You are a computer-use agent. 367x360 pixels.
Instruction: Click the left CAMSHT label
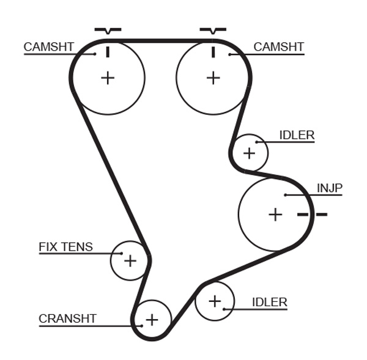(x=49, y=47)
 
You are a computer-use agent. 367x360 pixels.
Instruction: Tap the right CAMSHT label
(x=278, y=47)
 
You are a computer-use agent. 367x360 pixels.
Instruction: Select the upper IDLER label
(x=296, y=135)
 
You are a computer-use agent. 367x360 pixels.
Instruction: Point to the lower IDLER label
(x=269, y=302)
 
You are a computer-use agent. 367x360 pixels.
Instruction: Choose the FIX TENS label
(x=65, y=247)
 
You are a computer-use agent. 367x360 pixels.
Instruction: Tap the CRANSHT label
(x=67, y=318)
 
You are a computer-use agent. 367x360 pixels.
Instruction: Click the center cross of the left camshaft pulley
(x=108, y=78)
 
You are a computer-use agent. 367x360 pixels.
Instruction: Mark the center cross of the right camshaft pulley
(x=213, y=78)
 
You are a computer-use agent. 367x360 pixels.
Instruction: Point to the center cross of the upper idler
(x=249, y=152)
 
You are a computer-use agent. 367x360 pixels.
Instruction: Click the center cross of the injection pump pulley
(x=276, y=215)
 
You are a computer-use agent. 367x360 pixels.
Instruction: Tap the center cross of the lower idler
(x=215, y=301)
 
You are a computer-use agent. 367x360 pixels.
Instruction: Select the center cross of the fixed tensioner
(x=130, y=261)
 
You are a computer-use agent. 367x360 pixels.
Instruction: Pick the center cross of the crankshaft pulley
(x=152, y=319)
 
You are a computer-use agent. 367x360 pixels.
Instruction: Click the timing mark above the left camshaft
(x=108, y=30)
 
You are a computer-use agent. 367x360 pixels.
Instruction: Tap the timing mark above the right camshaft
(x=213, y=30)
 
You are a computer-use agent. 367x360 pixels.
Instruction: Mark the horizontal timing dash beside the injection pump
(x=313, y=215)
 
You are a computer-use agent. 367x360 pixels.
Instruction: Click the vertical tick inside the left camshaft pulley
(x=108, y=51)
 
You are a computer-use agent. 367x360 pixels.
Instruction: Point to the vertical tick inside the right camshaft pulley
(x=213, y=51)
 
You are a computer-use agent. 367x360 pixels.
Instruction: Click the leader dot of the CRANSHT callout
(x=141, y=325)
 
